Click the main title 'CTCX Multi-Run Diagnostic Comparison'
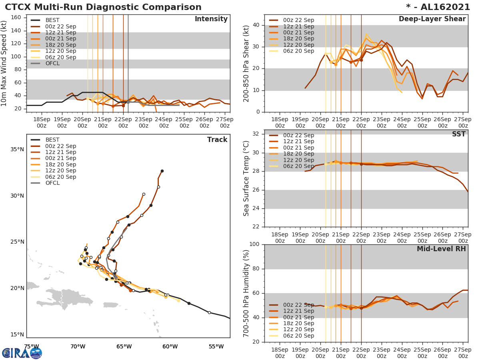click(x=103, y=7)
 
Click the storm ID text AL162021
click(x=443, y=7)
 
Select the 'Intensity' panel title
click(x=211, y=19)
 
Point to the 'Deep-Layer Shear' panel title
click(x=432, y=19)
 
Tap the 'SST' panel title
click(x=458, y=134)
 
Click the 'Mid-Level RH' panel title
click(x=441, y=249)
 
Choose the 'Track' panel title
click(x=217, y=140)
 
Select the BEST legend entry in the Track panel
click(x=52, y=140)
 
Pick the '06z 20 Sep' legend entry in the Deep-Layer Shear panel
click(x=298, y=51)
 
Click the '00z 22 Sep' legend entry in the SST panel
click(x=298, y=136)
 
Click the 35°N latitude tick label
click(x=17, y=150)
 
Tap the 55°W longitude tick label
click(x=216, y=346)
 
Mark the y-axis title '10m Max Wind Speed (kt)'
click(x=4, y=64)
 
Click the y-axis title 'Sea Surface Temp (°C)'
click(x=246, y=178)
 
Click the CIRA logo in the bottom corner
click(x=22, y=353)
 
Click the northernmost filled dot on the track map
click(x=162, y=171)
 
